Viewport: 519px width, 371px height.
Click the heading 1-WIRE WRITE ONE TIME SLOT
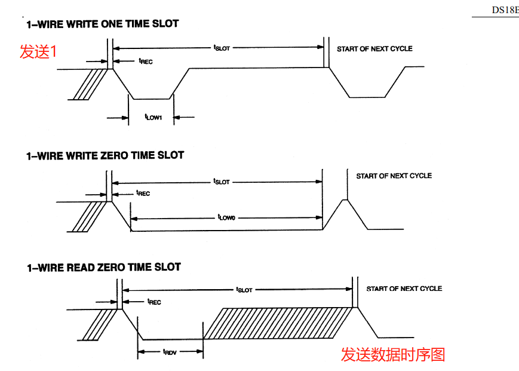(102, 24)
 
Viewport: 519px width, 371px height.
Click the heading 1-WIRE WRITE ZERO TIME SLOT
(105, 155)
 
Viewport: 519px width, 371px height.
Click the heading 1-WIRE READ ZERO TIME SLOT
(103, 268)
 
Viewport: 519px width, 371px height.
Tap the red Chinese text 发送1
(38, 52)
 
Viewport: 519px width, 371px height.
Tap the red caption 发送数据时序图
(393, 354)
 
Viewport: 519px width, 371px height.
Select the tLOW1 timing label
(153, 117)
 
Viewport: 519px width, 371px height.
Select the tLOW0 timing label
(226, 218)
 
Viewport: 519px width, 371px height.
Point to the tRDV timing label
(170, 352)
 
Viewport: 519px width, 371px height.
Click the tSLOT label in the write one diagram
(222, 48)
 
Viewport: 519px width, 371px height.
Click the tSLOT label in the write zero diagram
(222, 181)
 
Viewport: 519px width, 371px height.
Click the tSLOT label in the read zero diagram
(244, 289)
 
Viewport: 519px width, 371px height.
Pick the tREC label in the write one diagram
(145, 61)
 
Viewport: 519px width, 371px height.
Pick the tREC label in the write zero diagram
(143, 193)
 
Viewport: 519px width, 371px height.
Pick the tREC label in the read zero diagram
(153, 302)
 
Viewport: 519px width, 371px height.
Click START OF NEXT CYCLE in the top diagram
(374, 49)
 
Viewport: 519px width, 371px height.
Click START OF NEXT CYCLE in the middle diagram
(394, 176)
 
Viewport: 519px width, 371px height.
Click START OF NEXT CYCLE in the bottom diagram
(404, 289)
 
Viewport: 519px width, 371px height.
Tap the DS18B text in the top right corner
(505, 10)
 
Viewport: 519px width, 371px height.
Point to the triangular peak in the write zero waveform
(345, 206)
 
